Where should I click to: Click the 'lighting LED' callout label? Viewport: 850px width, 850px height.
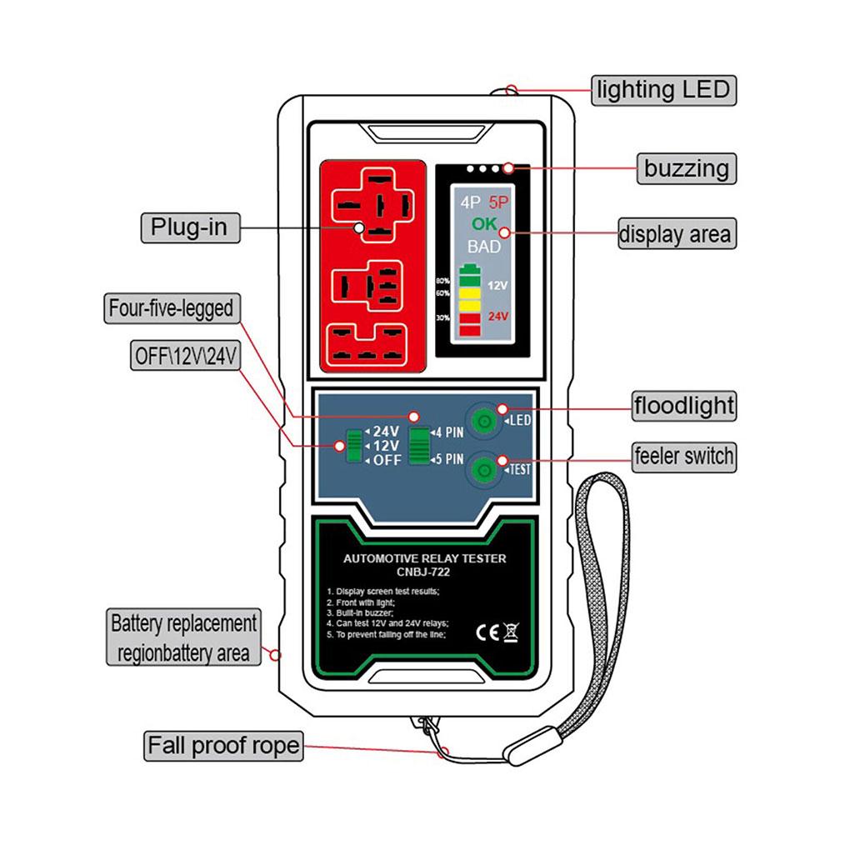(x=663, y=89)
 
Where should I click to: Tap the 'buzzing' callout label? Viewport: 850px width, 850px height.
(x=686, y=168)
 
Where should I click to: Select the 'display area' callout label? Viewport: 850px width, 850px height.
(x=676, y=234)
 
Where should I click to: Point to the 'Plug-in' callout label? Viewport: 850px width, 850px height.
(x=189, y=227)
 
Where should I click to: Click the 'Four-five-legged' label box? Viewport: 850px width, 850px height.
(x=170, y=308)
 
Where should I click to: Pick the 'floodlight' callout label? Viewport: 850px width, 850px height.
(x=683, y=407)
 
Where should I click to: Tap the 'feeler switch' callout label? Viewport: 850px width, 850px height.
(x=683, y=456)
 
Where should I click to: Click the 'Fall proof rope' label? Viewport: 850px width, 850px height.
(x=222, y=745)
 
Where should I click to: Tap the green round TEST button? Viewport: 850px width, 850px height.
(x=481, y=471)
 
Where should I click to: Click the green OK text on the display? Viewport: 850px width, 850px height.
(x=483, y=223)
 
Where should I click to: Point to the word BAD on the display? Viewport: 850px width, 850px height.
(x=483, y=247)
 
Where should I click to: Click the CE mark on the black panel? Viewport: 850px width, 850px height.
(x=486, y=631)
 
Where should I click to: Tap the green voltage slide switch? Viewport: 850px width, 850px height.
(x=355, y=446)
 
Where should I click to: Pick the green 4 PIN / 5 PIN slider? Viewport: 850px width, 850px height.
(x=418, y=445)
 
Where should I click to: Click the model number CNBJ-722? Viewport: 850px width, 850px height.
(x=424, y=572)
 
